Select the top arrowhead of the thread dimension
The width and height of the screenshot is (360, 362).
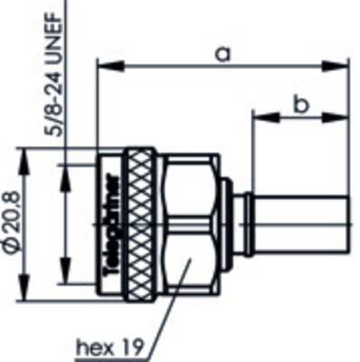pos(62,168)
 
